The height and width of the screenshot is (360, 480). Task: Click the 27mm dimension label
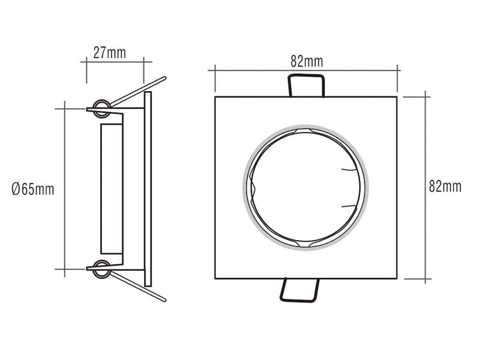(110, 53)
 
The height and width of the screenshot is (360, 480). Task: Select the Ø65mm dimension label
(33, 189)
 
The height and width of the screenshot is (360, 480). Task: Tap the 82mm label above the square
(307, 62)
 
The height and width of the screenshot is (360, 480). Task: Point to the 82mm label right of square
(445, 187)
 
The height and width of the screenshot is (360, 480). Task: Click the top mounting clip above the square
(306, 86)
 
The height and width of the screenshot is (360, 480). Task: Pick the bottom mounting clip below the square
(299, 290)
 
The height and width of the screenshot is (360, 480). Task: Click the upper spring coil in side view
(101, 109)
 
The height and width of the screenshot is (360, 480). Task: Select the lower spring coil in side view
(101, 269)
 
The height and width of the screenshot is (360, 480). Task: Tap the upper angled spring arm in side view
(138, 92)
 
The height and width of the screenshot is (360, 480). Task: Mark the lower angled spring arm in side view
(138, 286)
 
